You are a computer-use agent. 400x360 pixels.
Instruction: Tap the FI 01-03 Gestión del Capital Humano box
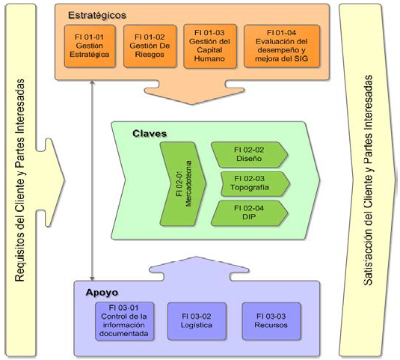click(212, 46)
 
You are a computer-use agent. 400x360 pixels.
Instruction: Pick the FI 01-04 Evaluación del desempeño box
click(281, 46)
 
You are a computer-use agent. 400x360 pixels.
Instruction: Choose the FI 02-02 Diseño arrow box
click(249, 153)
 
